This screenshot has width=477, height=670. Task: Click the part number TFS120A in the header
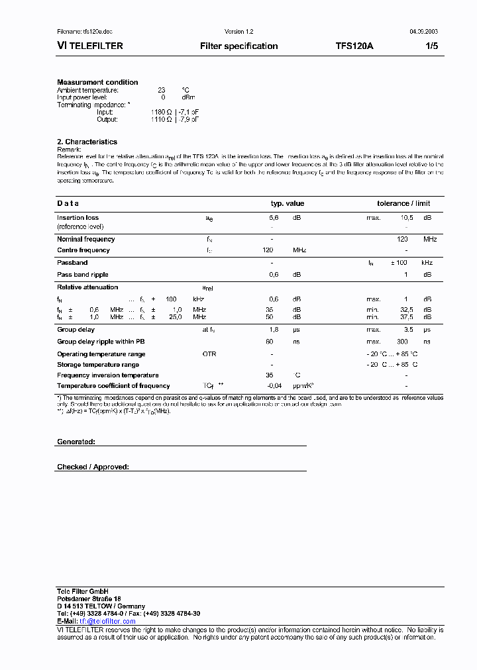pyautogui.click(x=354, y=46)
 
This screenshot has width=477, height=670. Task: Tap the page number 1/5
pyautogui.click(x=429, y=46)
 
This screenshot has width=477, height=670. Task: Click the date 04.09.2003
pyautogui.click(x=419, y=32)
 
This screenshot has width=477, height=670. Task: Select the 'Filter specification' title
pyautogui.click(x=238, y=46)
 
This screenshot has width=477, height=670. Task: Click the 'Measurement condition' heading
pyautogui.click(x=97, y=82)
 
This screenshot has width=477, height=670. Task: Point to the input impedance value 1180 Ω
pyautogui.click(x=161, y=113)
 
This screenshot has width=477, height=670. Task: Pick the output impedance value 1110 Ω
pyautogui.click(x=161, y=120)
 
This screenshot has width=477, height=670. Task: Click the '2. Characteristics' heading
pyautogui.click(x=87, y=142)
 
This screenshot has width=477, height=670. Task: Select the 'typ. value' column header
pyautogui.click(x=288, y=204)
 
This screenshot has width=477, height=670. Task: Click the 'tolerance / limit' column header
pyautogui.click(x=403, y=204)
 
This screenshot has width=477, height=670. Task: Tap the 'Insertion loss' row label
pyautogui.click(x=78, y=218)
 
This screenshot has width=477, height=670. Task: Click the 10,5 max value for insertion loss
pyautogui.click(x=406, y=218)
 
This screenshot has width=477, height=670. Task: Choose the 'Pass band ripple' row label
pyautogui.click(x=82, y=275)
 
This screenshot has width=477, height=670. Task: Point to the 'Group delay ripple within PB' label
pyautogui.click(x=101, y=342)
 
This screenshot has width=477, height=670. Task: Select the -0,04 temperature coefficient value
pyautogui.click(x=274, y=386)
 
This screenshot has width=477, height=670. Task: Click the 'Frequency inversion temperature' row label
pyautogui.click(x=107, y=375)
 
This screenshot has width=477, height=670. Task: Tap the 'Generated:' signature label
pyautogui.click(x=76, y=442)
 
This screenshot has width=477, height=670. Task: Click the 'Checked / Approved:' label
pyautogui.click(x=93, y=467)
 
